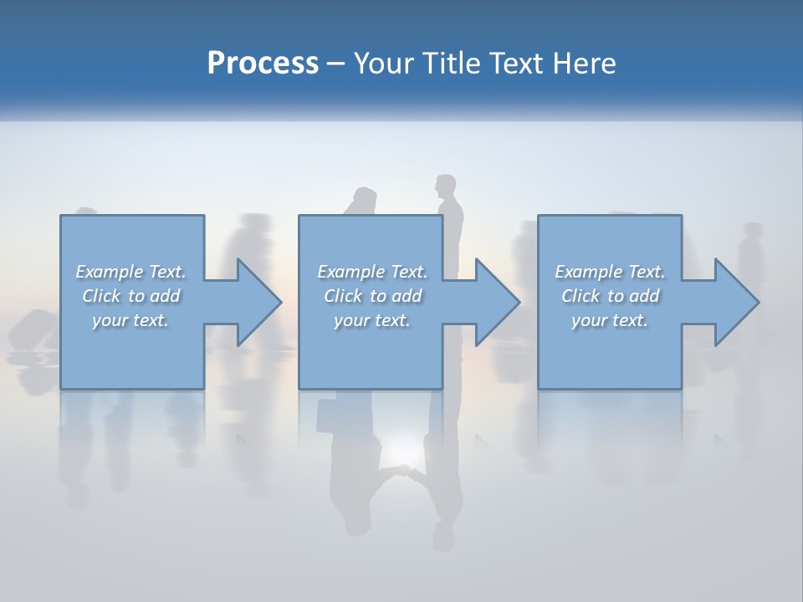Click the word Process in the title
coord(263,64)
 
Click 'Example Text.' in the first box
coord(130,272)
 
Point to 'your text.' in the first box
coord(130,320)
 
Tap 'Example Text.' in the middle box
coord(372,272)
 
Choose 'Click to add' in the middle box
coord(372,296)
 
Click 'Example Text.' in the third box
coord(610,272)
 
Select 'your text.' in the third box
coord(610,320)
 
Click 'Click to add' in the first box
coord(130,296)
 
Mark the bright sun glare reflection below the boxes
coord(400,456)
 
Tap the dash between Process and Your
coord(336,64)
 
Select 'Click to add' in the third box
coord(610,296)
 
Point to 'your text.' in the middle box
coord(372,320)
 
